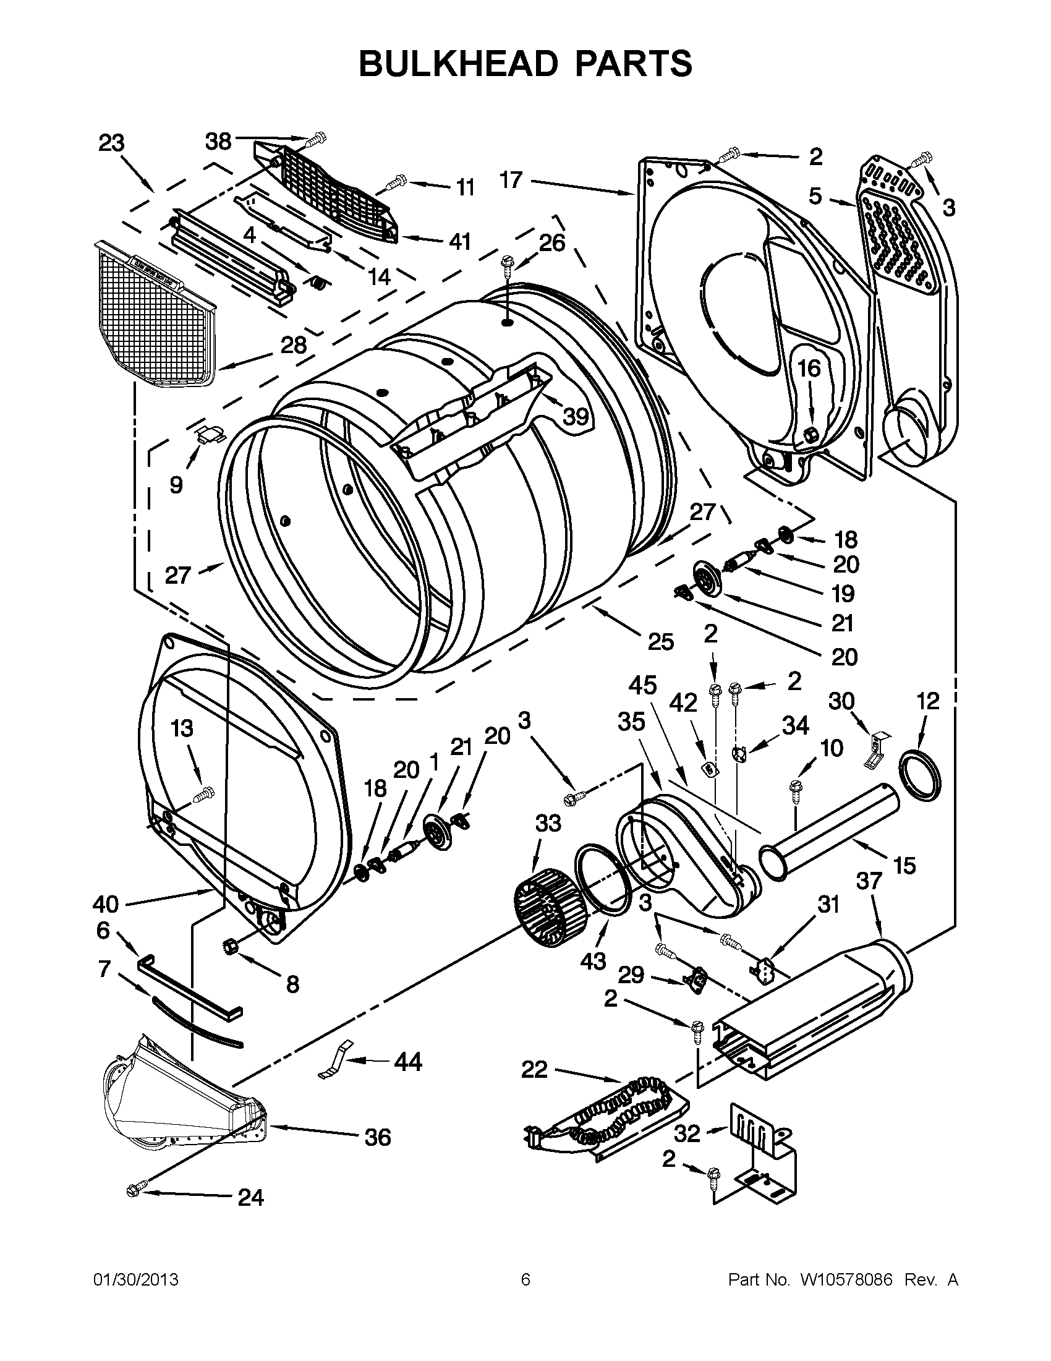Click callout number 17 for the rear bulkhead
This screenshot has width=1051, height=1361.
pyautogui.click(x=511, y=180)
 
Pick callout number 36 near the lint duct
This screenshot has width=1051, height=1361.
pyautogui.click(x=378, y=1137)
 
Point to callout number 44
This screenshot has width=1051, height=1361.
pyautogui.click(x=408, y=1061)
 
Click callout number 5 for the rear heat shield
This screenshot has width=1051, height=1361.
pyautogui.click(x=815, y=195)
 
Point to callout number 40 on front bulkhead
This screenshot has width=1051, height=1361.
pyautogui.click(x=105, y=903)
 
